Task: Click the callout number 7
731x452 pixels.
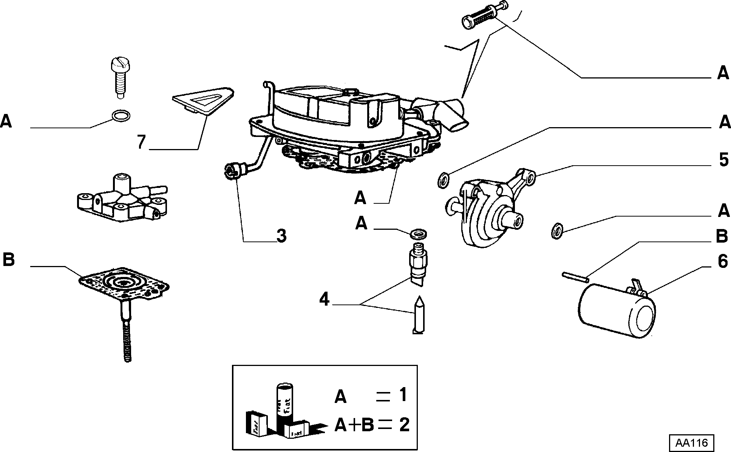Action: pos(142,142)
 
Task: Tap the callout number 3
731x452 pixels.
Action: pos(281,236)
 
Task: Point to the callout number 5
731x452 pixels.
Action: pos(723,160)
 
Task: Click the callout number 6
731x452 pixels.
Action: pos(722,261)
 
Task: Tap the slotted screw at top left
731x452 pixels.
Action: pos(120,78)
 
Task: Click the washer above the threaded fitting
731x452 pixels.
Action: pos(418,234)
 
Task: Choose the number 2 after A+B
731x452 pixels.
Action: pos(403,425)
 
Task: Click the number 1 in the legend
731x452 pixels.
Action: pos(403,395)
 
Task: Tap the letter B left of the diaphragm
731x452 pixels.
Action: pos(8,260)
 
